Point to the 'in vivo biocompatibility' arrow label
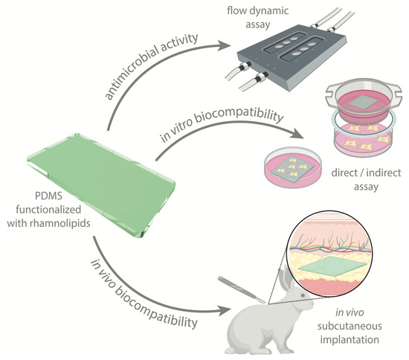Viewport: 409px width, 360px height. point(141,286)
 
